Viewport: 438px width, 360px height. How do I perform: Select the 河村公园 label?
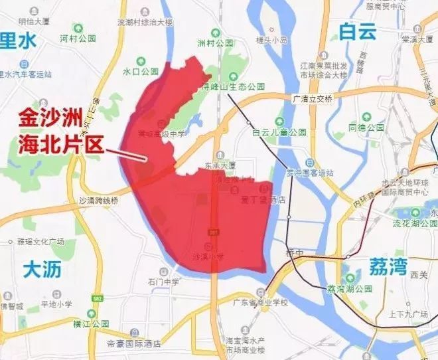click(x=79, y=39)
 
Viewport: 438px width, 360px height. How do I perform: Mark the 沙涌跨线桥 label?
click(x=98, y=199)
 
